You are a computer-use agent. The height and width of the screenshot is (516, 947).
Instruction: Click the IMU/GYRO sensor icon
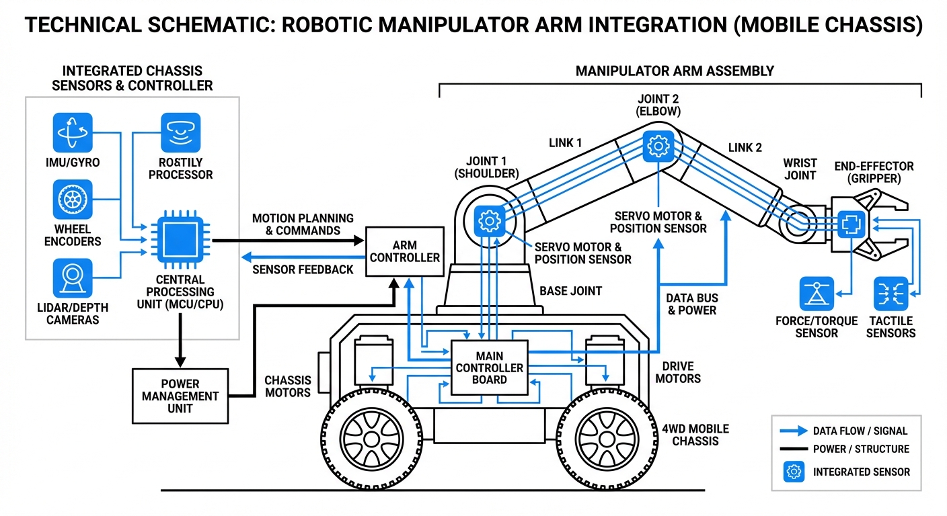point(73,132)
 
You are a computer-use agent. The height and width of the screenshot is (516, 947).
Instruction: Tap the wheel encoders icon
point(73,200)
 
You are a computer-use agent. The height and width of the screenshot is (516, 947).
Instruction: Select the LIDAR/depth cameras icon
point(73,278)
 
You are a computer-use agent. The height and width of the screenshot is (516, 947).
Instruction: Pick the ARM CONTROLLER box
point(404,251)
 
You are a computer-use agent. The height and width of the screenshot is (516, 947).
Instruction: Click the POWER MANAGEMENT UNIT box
point(180,396)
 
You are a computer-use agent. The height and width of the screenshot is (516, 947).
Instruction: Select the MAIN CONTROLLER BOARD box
point(489,368)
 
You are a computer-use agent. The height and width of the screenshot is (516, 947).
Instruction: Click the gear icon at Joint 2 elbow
point(658,146)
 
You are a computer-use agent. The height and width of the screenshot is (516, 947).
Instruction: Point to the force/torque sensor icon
point(817,294)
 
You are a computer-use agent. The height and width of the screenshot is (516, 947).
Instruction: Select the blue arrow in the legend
point(794,431)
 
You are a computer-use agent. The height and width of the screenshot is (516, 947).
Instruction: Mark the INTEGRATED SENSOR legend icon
point(794,472)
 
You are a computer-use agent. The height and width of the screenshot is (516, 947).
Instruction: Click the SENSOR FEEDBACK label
point(303,269)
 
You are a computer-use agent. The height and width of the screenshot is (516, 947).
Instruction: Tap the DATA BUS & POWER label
point(691,304)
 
